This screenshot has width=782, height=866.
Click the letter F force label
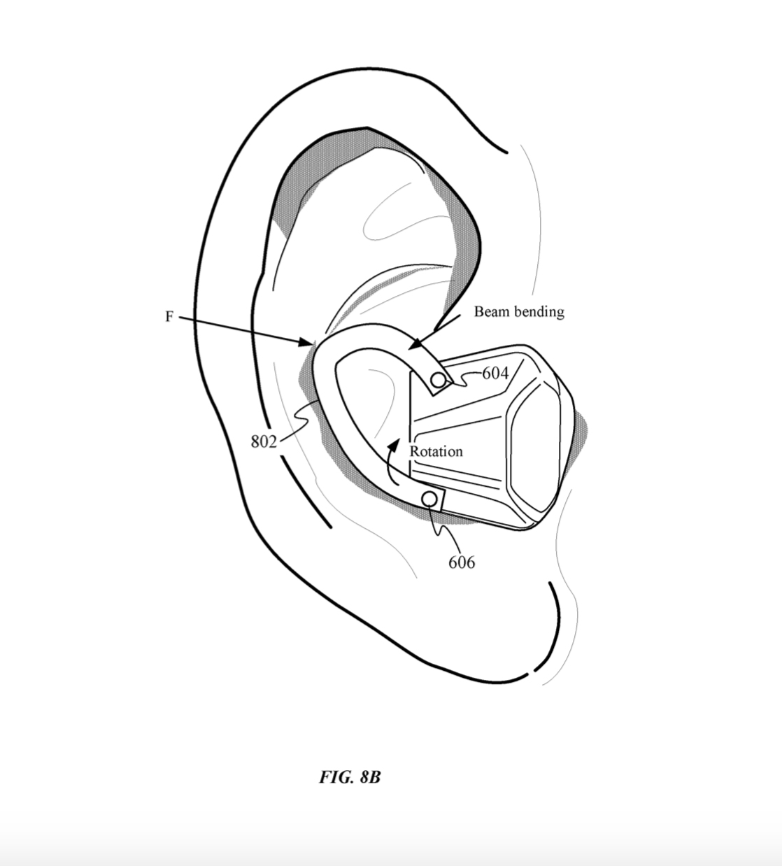tap(169, 317)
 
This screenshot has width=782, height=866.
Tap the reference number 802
tap(264, 441)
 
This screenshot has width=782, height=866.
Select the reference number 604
tap(495, 374)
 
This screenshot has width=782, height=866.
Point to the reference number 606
tap(462, 562)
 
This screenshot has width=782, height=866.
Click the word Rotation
tap(436, 452)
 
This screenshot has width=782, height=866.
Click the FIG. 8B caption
tap(350, 777)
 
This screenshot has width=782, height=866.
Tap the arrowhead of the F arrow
tap(307, 343)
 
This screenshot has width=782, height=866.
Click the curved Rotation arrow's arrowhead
tap(394, 446)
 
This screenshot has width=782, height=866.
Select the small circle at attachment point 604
tap(439, 381)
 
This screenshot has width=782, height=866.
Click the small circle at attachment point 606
tap(430, 499)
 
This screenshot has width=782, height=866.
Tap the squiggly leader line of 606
tap(442, 531)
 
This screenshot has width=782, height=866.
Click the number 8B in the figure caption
tap(370, 777)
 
